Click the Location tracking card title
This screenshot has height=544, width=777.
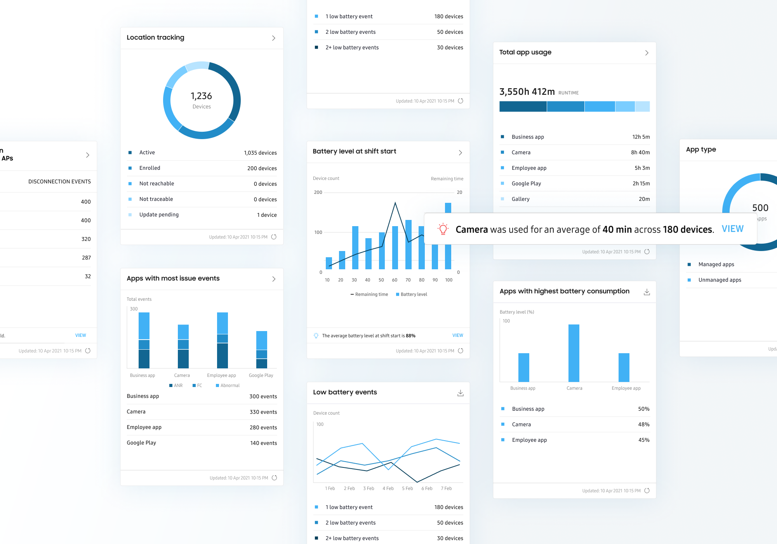tap(155, 37)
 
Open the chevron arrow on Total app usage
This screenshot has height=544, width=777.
tap(647, 53)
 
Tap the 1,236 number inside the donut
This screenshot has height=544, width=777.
tap(201, 96)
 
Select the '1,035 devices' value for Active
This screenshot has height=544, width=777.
tap(260, 153)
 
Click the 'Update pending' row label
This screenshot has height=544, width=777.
tap(159, 214)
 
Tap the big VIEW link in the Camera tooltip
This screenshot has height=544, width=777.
tap(732, 229)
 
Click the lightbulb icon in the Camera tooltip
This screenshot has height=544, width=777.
tap(443, 229)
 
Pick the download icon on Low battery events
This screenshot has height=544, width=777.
tap(460, 393)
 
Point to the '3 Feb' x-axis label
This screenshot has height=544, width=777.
tap(369, 488)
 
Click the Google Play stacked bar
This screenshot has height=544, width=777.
tap(261, 349)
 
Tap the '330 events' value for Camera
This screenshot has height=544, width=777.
tap(263, 412)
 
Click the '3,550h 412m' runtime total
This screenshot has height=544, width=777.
tap(527, 92)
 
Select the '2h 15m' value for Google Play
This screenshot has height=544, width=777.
tap(641, 183)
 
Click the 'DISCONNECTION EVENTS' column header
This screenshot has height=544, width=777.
tap(59, 181)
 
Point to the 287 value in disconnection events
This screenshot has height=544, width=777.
tap(86, 258)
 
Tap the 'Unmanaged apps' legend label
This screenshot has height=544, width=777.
tap(720, 280)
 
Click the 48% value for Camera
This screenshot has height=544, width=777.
tap(643, 424)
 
